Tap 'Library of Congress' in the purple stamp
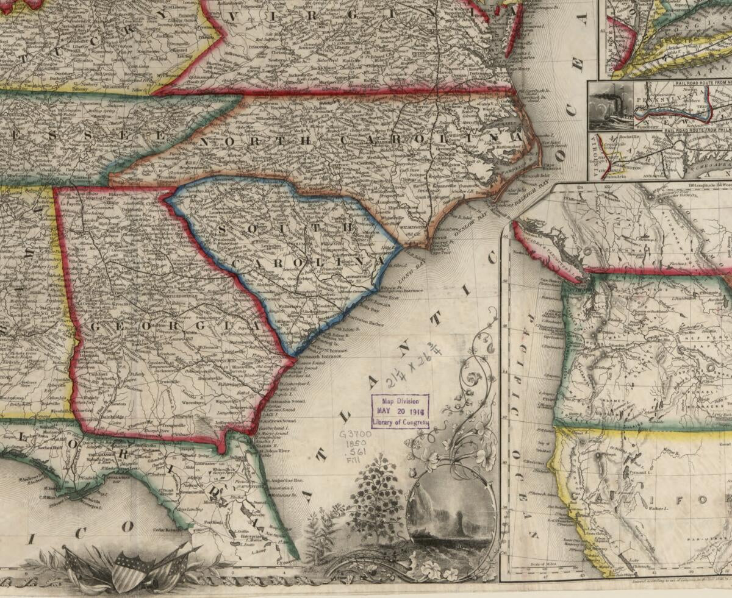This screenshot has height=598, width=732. (x=401, y=422)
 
